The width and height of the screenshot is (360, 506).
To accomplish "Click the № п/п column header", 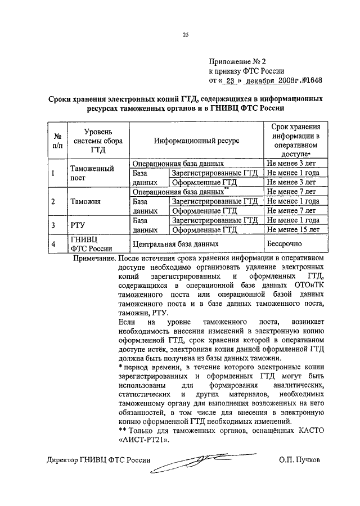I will pos(57,140).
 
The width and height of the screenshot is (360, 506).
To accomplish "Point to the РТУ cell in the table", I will pos(78,225).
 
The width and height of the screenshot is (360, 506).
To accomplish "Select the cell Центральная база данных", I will pos(174,245).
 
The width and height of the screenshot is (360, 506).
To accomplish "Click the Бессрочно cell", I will pos(285,244).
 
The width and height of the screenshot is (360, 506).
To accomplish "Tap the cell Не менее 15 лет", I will pos(292,230).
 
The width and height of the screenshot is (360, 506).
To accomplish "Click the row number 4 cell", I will pos(53,245).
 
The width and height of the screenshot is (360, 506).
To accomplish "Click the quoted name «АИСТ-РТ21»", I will pos(145,440).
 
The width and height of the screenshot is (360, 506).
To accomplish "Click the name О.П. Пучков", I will pos(298,459).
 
